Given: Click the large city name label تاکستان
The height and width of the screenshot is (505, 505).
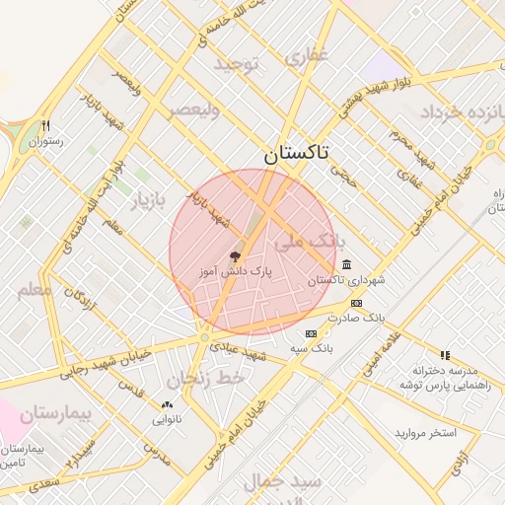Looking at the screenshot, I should (x=298, y=154).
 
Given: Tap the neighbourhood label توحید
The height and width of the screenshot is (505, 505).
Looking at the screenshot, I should (x=237, y=65).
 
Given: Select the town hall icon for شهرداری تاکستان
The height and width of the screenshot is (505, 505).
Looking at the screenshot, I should (x=346, y=264).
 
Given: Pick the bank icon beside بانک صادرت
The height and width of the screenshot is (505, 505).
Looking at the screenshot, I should (x=356, y=303).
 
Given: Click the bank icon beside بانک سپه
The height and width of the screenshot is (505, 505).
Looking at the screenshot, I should (x=311, y=333).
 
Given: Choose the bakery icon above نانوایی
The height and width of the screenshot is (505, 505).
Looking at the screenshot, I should (x=166, y=404).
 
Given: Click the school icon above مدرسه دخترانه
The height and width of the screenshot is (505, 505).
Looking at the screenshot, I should (x=445, y=355).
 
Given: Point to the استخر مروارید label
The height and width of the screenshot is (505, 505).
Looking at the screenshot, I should (x=426, y=432).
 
